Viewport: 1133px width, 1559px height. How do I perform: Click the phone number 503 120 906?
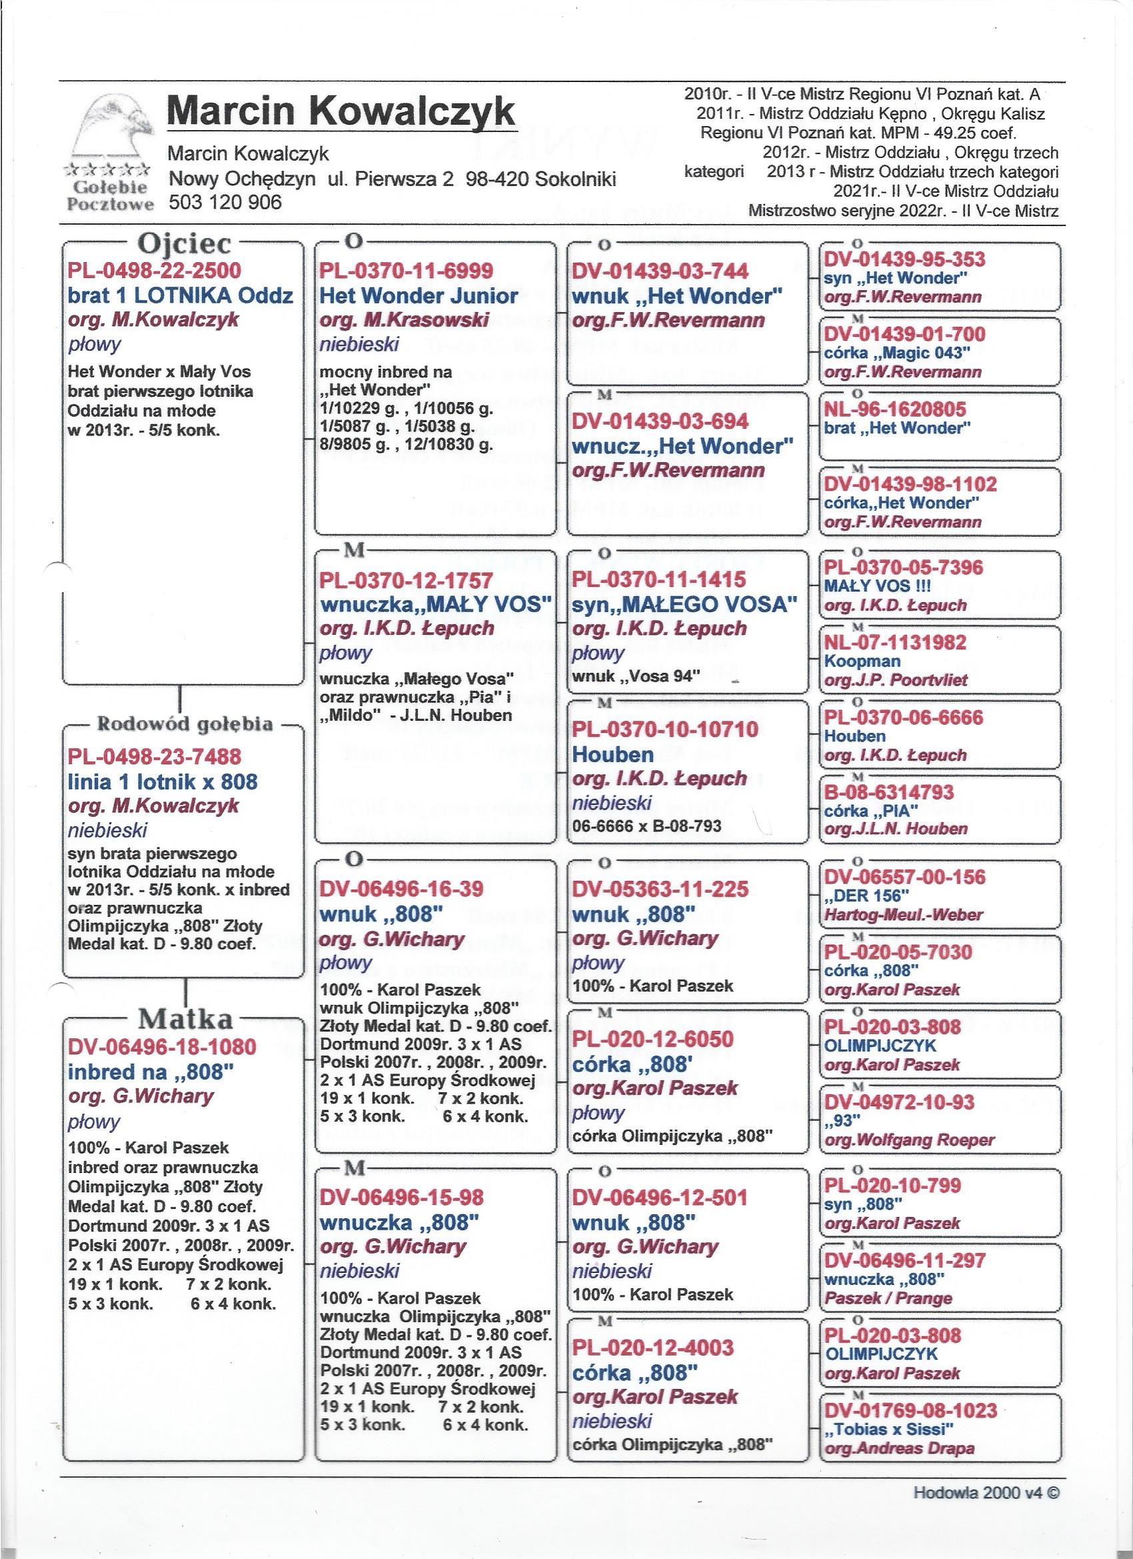pyautogui.click(x=225, y=203)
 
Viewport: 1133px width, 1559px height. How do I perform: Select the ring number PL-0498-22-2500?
pyautogui.click(x=155, y=270)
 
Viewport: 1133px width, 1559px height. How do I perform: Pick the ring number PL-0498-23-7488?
pyautogui.click(x=155, y=757)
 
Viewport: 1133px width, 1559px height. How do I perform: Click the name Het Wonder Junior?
pyautogui.click(x=419, y=296)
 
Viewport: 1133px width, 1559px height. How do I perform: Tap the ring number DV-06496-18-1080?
pyautogui.click(x=162, y=1047)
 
